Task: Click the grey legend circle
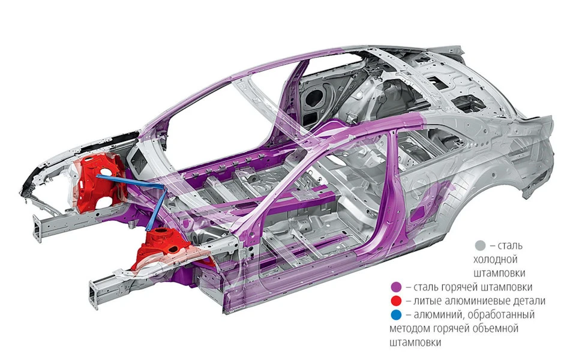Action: click(480, 245)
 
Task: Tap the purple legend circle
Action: click(397, 287)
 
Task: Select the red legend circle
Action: click(397, 301)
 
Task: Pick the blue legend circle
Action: click(397, 315)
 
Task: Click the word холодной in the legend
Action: click(495, 259)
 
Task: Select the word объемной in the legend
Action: click(496, 328)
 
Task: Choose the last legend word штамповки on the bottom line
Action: click(415, 343)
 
